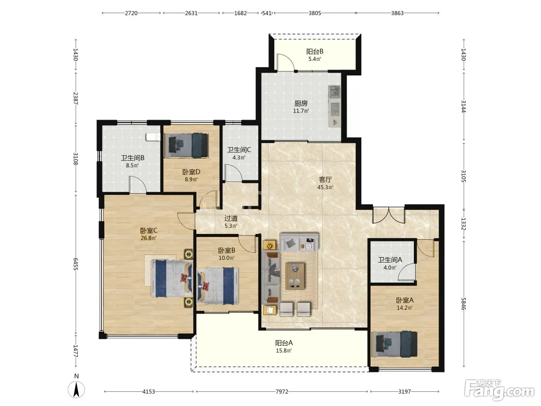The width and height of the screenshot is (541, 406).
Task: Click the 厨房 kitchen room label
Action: [x=301, y=103]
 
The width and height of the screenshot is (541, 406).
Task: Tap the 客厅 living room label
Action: [x=325, y=179]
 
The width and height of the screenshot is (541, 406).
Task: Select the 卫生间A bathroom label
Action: [x=390, y=260]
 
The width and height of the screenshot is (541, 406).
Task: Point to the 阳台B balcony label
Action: [x=315, y=51]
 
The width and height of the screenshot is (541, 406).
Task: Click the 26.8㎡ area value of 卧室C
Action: [x=149, y=238]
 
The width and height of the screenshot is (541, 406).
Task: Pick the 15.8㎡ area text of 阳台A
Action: [x=284, y=351]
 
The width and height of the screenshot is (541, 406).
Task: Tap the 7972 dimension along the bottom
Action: [x=282, y=391]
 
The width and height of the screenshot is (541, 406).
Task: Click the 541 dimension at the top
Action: [x=267, y=13]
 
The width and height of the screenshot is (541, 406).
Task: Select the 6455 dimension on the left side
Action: [x=76, y=264]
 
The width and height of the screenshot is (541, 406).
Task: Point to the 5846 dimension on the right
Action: [x=464, y=304]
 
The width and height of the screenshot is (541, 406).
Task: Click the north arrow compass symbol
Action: [x=77, y=389]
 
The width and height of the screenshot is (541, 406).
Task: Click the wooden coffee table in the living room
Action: [x=295, y=276]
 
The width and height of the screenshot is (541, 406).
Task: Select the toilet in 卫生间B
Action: [x=153, y=137]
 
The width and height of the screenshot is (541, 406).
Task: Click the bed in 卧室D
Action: [x=186, y=145]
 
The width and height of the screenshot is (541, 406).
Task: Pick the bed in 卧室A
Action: [x=395, y=344]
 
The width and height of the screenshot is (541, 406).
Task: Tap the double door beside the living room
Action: [x=389, y=215]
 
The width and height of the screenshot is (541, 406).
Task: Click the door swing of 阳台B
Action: [x=286, y=62]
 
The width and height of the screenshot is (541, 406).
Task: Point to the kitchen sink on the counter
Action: [x=335, y=92]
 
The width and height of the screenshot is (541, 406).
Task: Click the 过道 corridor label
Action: [x=231, y=218]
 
